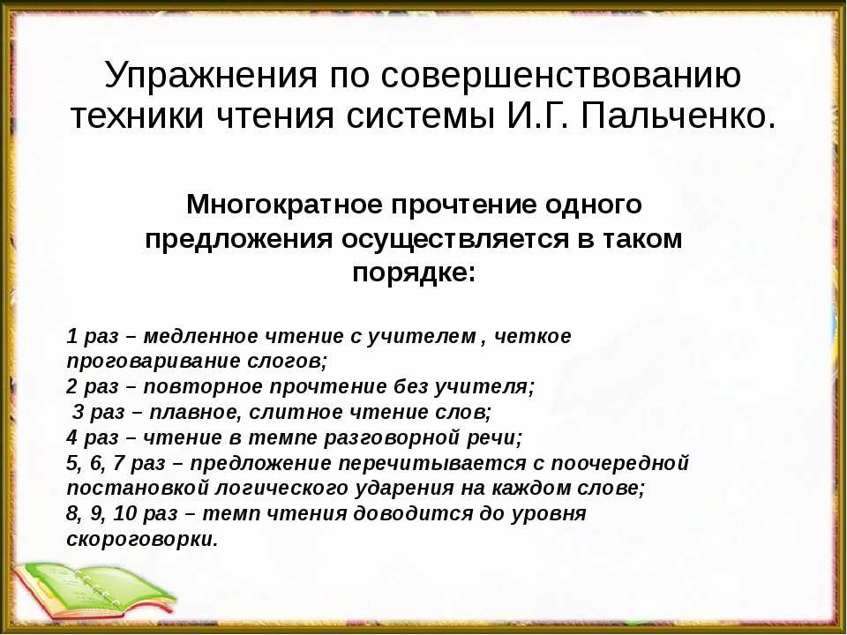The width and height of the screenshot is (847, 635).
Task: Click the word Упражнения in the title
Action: click(211, 75)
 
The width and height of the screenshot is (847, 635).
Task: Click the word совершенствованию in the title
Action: click(561, 74)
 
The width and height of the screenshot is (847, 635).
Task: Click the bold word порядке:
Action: click(414, 273)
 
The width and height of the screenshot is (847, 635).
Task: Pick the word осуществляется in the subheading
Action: click(454, 239)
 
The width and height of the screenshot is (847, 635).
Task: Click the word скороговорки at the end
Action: click(142, 539)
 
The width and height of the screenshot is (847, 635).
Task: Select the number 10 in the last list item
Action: click(124, 513)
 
